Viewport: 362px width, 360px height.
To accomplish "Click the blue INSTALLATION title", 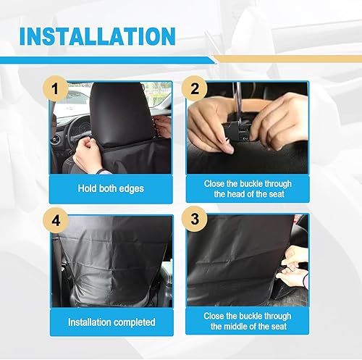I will pyautogui.click(x=97, y=35).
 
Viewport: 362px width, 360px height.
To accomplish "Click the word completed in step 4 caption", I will pyautogui.click(x=133, y=322).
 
